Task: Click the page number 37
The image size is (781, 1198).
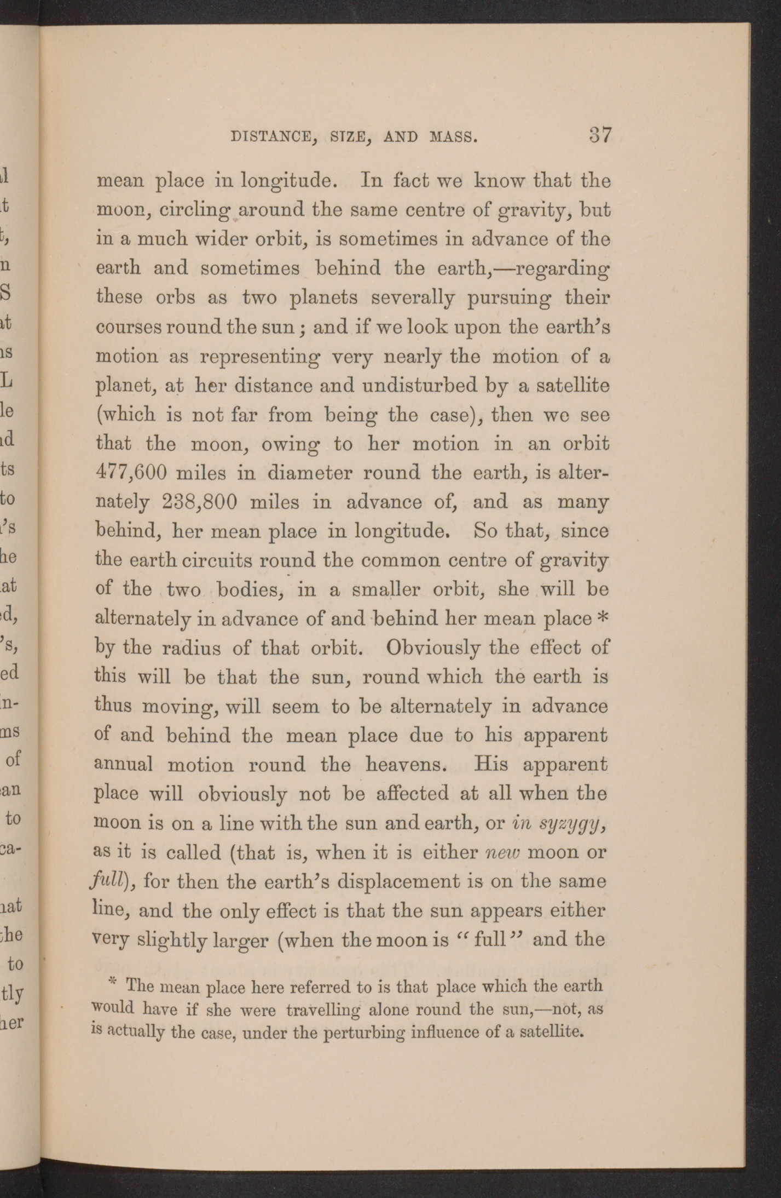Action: click(600, 135)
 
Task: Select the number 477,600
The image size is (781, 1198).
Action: click(131, 472)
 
